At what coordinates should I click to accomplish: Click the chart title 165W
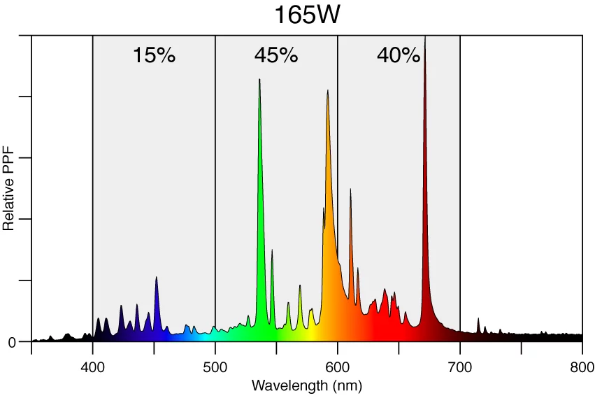pyautogui.click(x=306, y=15)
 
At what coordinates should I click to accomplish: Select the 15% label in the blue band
pyautogui.click(x=154, y=55)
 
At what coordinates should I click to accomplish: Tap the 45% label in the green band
pyautogui.click(x=276, y=55)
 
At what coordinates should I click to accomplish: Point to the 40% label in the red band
pyautogui.click(x=399, y=55)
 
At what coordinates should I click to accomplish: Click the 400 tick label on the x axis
pyautogui.click(x=93, y=368)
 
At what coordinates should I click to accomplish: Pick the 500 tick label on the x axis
pyautogui.click(x=215, y=368)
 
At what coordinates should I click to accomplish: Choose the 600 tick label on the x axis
pyautogui.click(x=338, y=368)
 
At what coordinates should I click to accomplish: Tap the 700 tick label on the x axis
pyautogui.click(x=460, y=368)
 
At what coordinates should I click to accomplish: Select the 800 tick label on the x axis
pyautogui.click(x=582, y=368)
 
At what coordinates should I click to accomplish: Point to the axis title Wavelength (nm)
pyautogui.click(x=306, y=385)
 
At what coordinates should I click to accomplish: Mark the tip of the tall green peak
pyautogui.click(x=259, y=80)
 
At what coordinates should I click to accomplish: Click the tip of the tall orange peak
pyautogui.click(x=327, y=91)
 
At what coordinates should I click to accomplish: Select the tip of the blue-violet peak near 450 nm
pyautogui.click(x=156, y=278)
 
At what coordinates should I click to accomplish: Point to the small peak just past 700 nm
pyautogui.click(x=479, y=319)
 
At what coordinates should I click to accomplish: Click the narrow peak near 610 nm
pyautogui.click(x=350, y=190)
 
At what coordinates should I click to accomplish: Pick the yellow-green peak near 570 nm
pyautogui.click(x=300, y=285)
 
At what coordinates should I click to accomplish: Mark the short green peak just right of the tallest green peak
pyautogui.click(x=272, y=250)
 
